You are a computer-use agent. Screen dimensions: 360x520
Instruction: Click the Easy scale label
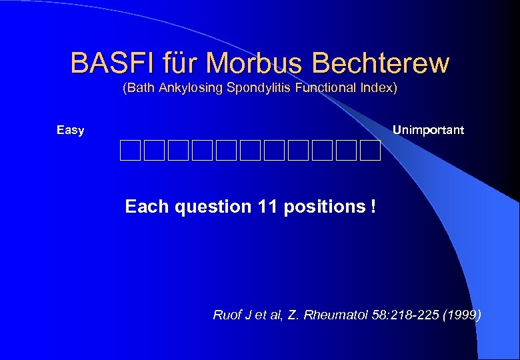tap(70, 130)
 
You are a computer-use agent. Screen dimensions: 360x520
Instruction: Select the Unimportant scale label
tap(428, 129)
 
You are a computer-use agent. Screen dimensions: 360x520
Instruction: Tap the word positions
tap(323, 207)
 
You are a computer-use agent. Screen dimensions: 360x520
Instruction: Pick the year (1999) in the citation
tap(463, 315)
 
